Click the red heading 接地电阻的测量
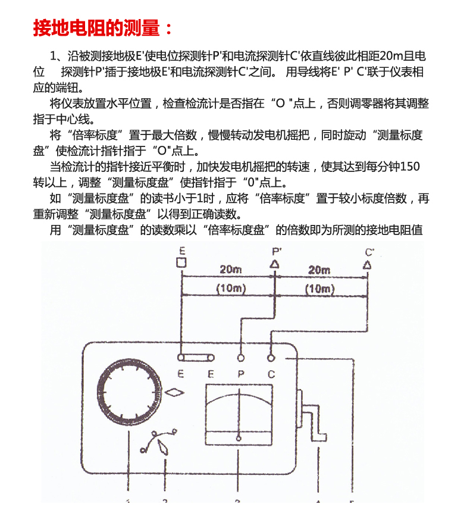[96, 27]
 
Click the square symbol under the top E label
[181, 262]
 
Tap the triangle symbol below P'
[275, 264]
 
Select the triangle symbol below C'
[367, 265]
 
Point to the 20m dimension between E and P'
[230, 269]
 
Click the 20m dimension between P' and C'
[319, 270]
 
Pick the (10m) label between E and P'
[231, 288]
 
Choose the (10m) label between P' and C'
[319, 289]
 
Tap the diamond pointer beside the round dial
[174, 393]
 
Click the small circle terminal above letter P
[240, 358]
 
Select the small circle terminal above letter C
[271, 358]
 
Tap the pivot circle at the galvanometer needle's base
[239, 439]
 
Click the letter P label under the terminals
[241, 374]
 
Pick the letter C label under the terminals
[271, 374]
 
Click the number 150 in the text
[410, 167]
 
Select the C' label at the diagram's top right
[369, 252]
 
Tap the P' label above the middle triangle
[277, 251]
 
